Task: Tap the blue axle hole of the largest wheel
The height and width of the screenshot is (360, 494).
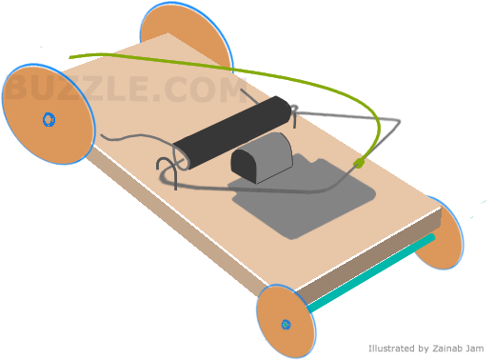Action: click(x=49, y=119)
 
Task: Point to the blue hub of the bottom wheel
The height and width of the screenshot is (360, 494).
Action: click(x=286, y=325)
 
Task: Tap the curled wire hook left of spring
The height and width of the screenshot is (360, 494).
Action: click(x=169, y=166)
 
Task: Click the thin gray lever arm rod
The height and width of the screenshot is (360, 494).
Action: click(x=343, y=117)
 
